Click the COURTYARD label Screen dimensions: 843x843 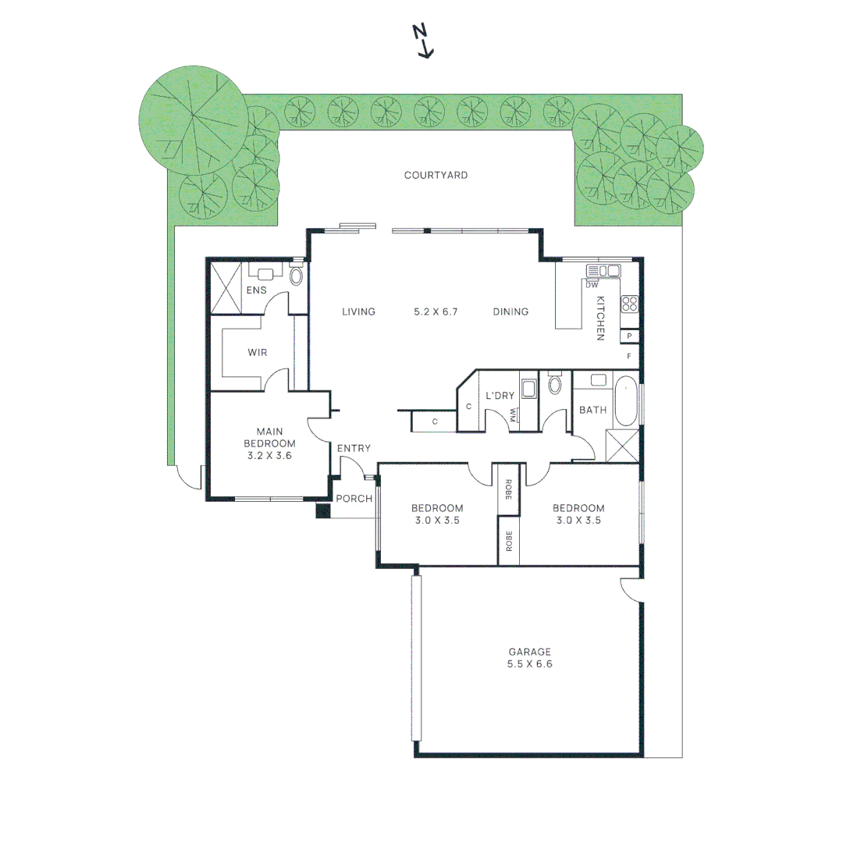tap(436, 176)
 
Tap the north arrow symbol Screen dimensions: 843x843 tap(423, 41)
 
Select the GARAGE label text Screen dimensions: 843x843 tap(529, 652)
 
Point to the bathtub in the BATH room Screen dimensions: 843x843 tap(626, 402)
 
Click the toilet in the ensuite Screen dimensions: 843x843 tap(296, 274)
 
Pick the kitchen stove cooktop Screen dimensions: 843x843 tap(630, 304)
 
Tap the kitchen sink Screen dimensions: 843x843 tap(603, 270)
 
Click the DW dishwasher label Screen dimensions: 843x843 tap(592, 285)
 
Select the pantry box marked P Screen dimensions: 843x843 tap(630, 336)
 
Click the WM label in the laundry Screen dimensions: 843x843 tap(513, 414)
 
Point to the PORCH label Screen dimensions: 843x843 tap(354, 498)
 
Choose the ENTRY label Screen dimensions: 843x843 tap(354, 448)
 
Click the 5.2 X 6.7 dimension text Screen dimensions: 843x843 tap(436, 311)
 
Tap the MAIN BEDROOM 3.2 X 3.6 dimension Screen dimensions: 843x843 tap(269, 455)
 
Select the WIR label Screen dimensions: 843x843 tap(257, 352)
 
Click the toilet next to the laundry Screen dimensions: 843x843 tap(555, 384)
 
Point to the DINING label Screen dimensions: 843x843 tap(510, 311)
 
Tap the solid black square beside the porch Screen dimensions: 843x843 tap(322, 510)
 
